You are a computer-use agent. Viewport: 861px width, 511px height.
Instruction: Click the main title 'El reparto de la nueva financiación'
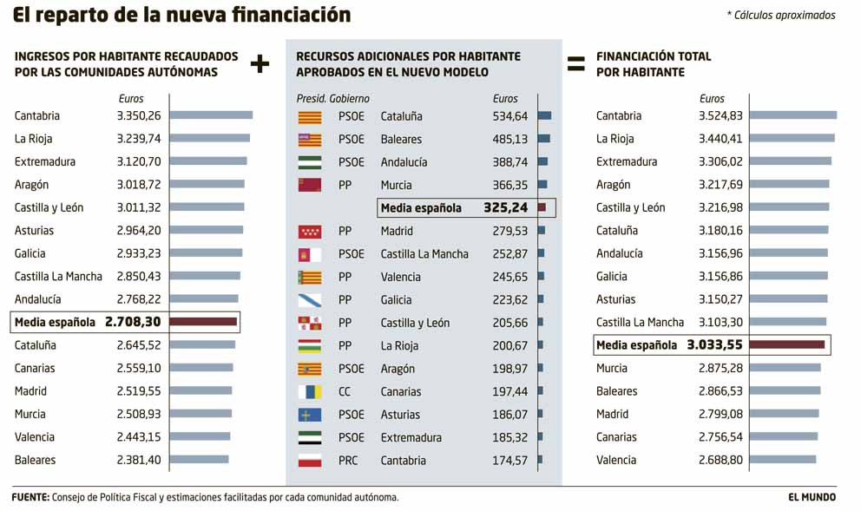click(181, 15)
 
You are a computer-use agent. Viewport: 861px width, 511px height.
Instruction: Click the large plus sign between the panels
click(260, 63)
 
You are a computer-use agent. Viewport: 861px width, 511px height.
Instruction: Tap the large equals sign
click(575, 63)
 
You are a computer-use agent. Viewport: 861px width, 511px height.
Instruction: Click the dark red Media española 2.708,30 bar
click(203, 322)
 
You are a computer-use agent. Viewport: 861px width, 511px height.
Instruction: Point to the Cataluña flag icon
click(310, 116)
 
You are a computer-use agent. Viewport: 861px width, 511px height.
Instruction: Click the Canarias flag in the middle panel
click(310, 392)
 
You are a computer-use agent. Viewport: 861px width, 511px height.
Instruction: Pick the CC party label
click(345, 392)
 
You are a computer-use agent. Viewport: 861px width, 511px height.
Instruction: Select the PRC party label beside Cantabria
click(348, 461)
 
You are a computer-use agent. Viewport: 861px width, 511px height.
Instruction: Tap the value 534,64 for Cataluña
click(510, 116)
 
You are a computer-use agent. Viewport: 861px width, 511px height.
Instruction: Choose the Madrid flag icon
click(310, 232)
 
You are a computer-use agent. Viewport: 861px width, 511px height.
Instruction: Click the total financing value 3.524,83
click(720, 116)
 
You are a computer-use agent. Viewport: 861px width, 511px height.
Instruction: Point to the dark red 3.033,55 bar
click(786, 345)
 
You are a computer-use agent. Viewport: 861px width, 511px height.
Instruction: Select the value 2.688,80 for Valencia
click(720, 461)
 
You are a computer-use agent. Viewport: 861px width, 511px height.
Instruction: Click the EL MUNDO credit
click(812, 497)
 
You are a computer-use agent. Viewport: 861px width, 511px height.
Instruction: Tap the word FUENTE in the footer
click(30, 497)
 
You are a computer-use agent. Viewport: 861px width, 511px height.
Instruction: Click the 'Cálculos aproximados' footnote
click(781, 15)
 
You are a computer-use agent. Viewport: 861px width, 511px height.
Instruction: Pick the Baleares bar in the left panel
click(200, 461)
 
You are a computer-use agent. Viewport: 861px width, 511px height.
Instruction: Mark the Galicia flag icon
click(310, 300)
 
